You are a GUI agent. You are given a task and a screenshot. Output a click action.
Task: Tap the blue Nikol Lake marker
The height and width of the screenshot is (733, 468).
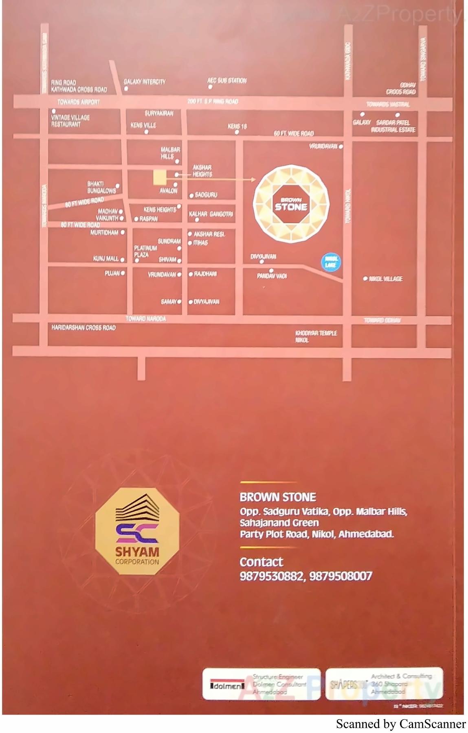(x=330, y=262)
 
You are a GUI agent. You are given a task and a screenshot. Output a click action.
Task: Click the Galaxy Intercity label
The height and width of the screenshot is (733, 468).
(x=145, y=82)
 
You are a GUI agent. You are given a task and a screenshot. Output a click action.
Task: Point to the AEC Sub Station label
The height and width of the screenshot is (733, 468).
(x=227, y=81)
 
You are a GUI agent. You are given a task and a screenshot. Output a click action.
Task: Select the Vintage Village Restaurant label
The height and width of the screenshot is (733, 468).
(x=70, y=121)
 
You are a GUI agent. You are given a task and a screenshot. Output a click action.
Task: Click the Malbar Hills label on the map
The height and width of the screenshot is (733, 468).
(x=170, y=153)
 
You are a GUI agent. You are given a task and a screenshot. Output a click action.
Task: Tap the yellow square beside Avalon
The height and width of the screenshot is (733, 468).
(x=160, y=178)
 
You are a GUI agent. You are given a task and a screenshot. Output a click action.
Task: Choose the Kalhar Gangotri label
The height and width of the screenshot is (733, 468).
(x=211, y=214)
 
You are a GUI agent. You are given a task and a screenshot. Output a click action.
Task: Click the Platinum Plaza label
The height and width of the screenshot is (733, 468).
(x=145, y=251)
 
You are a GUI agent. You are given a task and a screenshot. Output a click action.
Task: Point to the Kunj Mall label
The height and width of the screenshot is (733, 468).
(x=105, y=258)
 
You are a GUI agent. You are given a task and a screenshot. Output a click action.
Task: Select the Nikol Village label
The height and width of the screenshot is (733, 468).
(x=385, y=279)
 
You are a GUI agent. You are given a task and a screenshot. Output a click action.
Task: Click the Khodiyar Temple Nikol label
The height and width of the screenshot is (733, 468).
(x=316, y=336)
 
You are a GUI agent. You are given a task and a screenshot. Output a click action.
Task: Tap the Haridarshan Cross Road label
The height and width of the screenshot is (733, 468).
(x=83, y=327)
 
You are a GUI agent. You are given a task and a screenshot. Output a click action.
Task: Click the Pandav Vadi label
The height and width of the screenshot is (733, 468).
(x=272, y=276)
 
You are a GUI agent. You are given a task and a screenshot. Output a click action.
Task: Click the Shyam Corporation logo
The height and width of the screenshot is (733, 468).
(x=137, y=531)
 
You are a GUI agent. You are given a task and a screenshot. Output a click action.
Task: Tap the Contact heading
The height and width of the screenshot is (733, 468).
(x=261, y=562)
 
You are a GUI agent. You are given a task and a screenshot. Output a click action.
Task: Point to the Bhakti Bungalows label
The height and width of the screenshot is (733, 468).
(x=101, y=187)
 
